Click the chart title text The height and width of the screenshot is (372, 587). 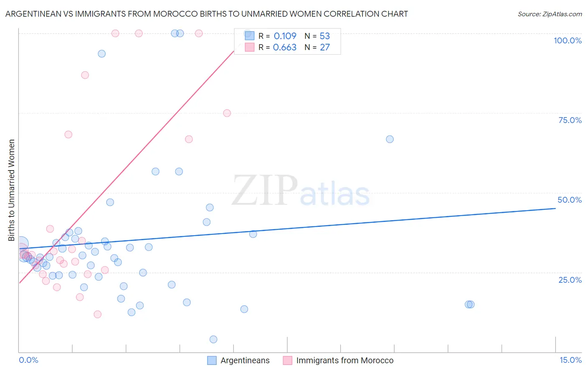[207, 14]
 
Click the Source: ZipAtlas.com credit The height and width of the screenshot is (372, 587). [549, 14]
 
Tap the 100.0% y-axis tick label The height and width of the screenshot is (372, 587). [567, 40]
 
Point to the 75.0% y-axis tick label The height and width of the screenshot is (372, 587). [570, 120]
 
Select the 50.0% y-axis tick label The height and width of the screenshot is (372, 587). [569, 200]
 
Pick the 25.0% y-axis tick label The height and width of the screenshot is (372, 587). [570, 279]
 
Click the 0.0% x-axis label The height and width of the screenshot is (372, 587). [28, 360]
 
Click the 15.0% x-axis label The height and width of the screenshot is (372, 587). [570, 360]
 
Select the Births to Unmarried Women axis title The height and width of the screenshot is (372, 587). [11, 190]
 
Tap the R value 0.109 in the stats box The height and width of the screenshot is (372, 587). [285, 36]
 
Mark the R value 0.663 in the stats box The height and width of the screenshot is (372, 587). [285, 48]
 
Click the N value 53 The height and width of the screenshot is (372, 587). [324, 36]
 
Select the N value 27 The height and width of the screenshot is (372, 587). [324, 48]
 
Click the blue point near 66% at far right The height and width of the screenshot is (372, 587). [390, 139]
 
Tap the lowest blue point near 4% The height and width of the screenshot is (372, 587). [213, 339]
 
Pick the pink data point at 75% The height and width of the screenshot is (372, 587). [227, 113]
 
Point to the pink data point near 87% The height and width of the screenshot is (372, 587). [85, 75]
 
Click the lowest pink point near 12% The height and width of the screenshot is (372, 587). [97, 314]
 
